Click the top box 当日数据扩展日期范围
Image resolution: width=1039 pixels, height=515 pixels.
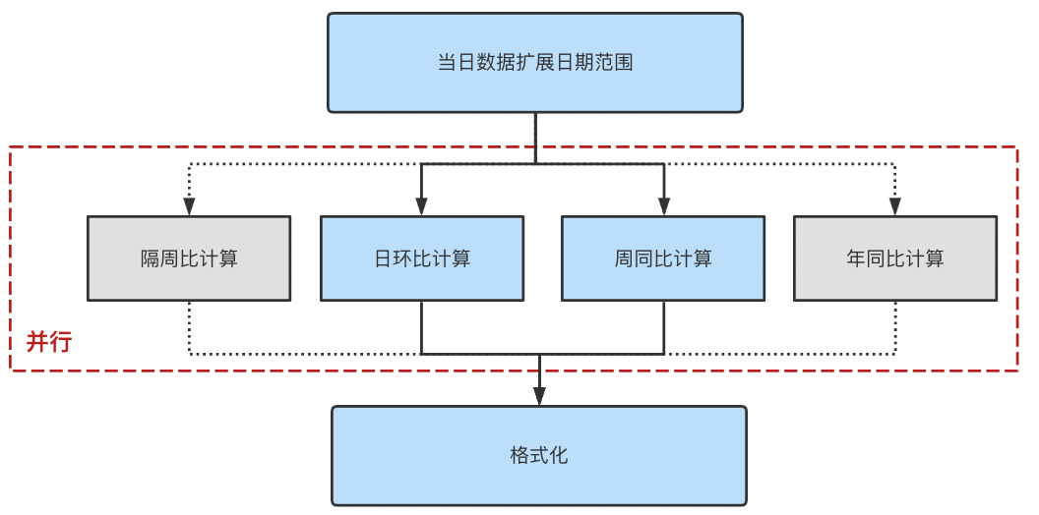point(534,63)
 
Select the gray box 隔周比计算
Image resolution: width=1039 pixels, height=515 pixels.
point(189,258)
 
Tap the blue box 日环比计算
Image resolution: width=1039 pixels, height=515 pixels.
point(421,258)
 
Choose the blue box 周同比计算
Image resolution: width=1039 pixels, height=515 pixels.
point(663,258)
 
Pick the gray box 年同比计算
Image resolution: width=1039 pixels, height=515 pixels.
point(894,258)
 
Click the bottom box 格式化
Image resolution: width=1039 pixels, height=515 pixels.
point(538,456)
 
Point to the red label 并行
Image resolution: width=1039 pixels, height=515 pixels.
point(48,342)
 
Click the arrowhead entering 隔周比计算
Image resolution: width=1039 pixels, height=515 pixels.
point(189,206)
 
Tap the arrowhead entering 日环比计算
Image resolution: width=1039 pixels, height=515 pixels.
point(421,206)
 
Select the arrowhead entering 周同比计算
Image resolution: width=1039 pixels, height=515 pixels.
point(664,206)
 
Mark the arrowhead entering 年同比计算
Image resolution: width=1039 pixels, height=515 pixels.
point(895,206)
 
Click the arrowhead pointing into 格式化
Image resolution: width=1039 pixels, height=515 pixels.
point(539,395)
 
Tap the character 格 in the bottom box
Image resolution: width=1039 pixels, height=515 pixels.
point(519,456)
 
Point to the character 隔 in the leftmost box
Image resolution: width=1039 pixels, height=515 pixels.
point(151,259)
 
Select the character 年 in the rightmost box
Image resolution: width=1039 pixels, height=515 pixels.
point(856,259)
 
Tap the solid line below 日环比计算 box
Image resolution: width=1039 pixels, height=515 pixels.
point(421,326)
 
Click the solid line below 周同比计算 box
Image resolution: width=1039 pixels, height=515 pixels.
point(664,326)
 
